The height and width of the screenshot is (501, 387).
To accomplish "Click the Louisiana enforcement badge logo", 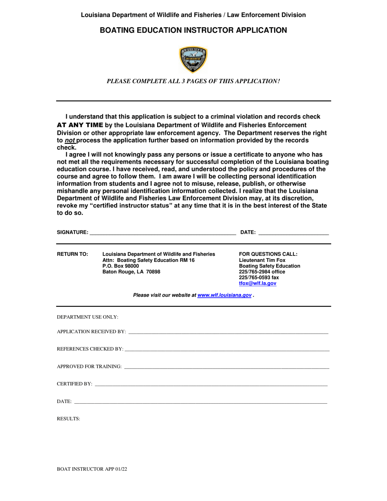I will click(193, 59).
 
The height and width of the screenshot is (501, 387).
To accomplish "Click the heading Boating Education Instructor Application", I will click(193, 30).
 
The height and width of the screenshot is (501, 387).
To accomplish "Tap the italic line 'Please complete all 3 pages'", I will click(193, 81).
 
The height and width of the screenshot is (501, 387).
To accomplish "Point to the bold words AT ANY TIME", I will click(80, 125).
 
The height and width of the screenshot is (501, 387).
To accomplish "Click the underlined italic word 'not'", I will click(70, 141).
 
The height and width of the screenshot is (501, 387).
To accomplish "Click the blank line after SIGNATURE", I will click(163, 233).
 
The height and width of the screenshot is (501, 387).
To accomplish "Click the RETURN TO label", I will click(72, 254).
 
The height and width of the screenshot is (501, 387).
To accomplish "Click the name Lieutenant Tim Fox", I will click(262, 260).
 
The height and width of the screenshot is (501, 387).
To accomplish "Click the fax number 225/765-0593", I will click(259, 278).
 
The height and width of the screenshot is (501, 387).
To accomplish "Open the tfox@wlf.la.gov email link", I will click(257, 283).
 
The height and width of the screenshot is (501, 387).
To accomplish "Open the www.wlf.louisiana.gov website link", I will click(224, 295).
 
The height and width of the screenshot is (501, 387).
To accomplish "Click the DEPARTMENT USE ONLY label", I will click(87, 317).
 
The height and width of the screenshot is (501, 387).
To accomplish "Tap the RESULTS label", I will click(68, 419).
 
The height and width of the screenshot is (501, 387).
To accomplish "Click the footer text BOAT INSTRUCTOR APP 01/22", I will click(92, 469).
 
